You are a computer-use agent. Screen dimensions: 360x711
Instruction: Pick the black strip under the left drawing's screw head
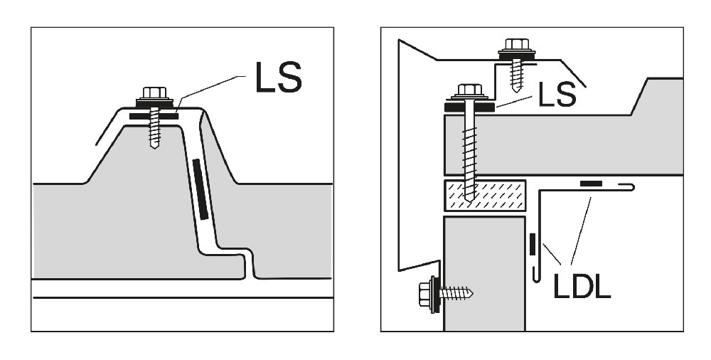pyautogui.click(x=154, y=115)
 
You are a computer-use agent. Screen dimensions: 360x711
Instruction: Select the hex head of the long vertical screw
pyautogui.click(x=469, y=90)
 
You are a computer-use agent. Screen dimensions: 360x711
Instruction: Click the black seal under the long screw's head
pyautogui.click(x=469, y=107)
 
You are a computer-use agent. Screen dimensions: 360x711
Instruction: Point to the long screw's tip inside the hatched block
pyautogui.click(x=469, y=198)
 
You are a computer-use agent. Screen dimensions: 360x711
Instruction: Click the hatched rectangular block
pyautogui.click(x=483, y=195)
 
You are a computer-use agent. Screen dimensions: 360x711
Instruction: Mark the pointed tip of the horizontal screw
pyautogui.click(x=471, y=292)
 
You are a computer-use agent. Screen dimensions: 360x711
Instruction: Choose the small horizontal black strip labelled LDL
pyautogui.click(x=590, y=184)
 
